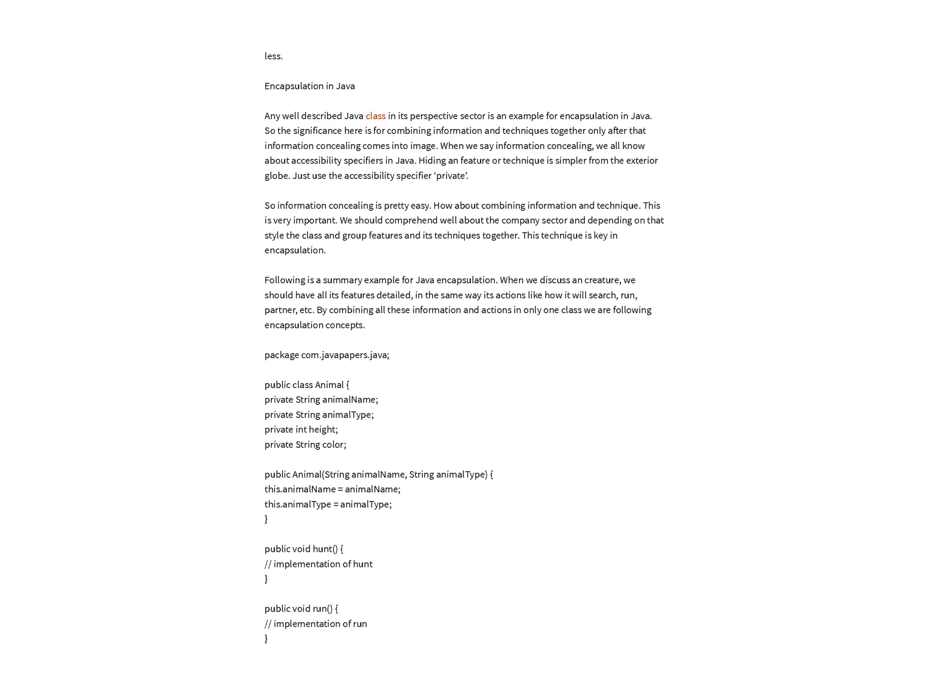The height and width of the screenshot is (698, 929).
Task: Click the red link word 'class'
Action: tap(375, 116)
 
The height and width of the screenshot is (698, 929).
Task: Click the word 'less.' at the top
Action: tap(274, 56)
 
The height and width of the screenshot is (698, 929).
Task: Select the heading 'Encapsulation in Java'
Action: tap(309, 86)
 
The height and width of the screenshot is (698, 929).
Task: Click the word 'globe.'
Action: tap(277, 176)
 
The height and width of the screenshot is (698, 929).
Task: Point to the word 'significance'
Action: tap(317, 131)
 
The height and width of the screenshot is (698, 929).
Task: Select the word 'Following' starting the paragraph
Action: tap(284, 280)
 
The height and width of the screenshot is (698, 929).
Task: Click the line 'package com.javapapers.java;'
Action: tap(327, 355)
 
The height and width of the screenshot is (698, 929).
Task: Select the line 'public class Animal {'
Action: tap(307, 385)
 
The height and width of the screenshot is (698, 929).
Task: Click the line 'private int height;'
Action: tap(301, 430)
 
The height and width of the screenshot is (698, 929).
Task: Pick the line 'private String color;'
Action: tap(305, 445)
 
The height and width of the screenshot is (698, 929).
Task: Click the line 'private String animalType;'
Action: tap(319, 415)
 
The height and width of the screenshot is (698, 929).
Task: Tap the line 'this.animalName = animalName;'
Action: tap(332, 489)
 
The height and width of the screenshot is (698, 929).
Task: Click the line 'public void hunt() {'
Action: tap(303, 549)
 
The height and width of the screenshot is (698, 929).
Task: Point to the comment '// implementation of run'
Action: tap(315, 624)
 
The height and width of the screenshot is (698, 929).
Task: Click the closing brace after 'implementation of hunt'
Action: tap(266, 579)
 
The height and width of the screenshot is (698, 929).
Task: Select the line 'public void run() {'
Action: tap(301, 609)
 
